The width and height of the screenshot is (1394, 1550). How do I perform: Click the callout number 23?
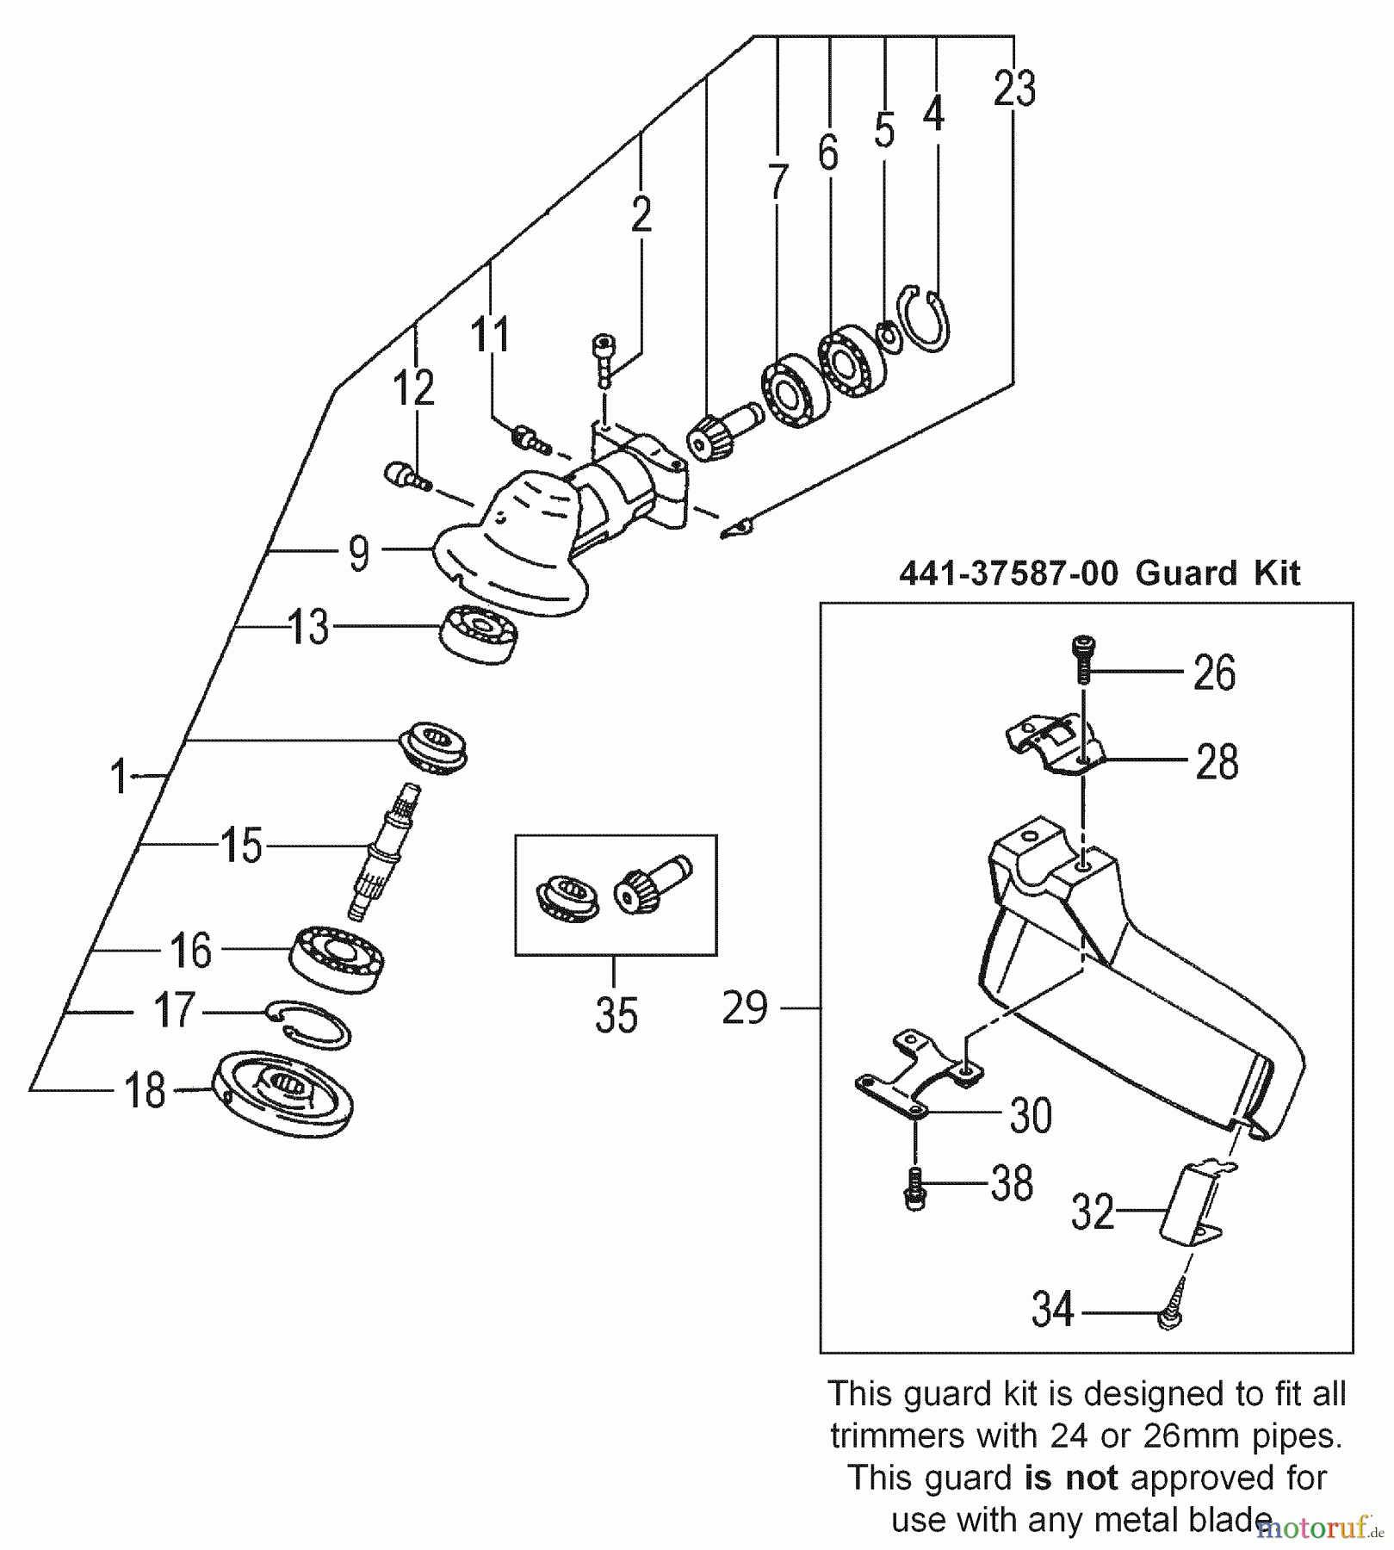pos(1014,89)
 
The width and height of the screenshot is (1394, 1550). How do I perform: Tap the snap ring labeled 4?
pos(925,319)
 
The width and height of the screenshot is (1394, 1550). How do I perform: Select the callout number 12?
pos(413,388)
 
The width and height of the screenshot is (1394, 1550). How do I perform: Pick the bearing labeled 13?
pos(479,633)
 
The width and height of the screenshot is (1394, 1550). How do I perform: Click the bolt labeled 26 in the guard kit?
pos(1083,658)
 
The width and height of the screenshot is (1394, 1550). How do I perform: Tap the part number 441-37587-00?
pos(1008,573)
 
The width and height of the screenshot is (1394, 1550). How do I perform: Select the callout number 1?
pos(119,777)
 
